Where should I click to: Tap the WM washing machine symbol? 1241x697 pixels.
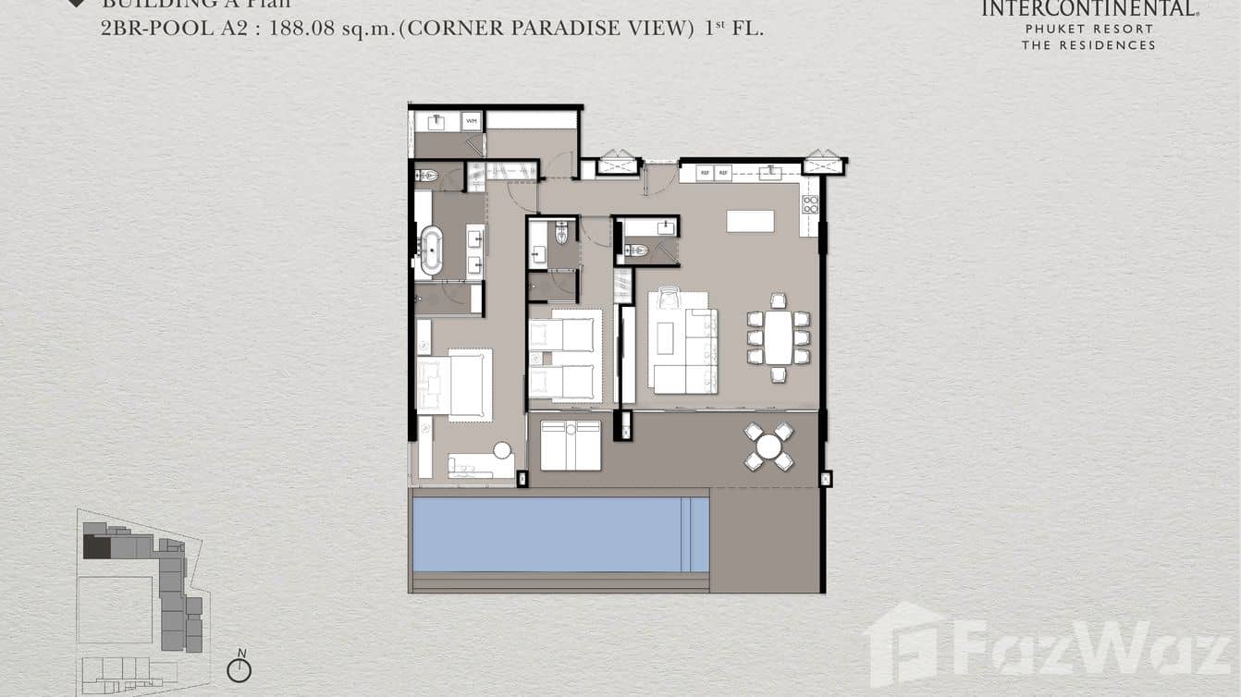pos(471,121)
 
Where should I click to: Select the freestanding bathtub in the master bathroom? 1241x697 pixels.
pos(431,250)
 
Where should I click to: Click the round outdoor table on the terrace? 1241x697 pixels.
pos(768,446)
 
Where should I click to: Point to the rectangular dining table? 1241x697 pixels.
pos(779,336)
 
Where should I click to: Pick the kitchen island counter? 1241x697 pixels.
pos(750,221)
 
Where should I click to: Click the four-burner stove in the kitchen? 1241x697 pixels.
pos(809,204)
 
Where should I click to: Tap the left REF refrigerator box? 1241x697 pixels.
pos(704,172)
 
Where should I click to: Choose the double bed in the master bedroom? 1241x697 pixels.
pos(454,384)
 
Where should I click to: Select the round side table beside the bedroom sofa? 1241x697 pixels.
pos(502,450)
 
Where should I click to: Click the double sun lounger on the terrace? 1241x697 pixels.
pos(570,445)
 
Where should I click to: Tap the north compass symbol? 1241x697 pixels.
pos(240,668)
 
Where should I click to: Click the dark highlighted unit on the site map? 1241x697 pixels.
pos(96,546)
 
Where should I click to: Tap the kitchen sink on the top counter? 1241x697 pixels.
pos(769,172)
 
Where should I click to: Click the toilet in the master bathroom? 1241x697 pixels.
pos(427,175)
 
